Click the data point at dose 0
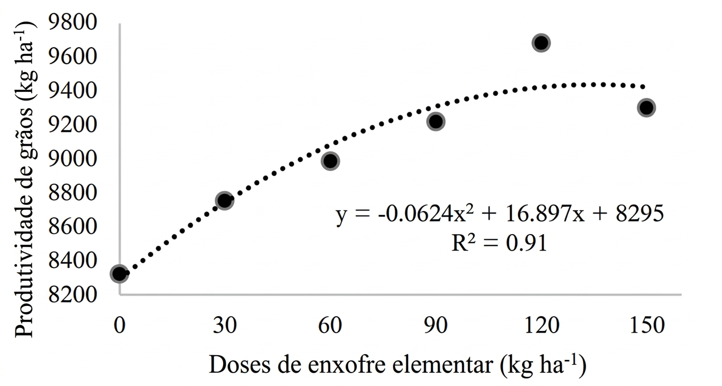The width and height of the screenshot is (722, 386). click(119, 274)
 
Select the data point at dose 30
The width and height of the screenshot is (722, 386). click(225, 201)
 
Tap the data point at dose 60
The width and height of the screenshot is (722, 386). click(331, 161)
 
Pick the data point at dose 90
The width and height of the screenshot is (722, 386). click(436, 122)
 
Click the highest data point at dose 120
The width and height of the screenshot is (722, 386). click(541, 43)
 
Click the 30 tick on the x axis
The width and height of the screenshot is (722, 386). click(225, 325)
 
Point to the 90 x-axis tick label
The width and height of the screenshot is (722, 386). click(436, 325)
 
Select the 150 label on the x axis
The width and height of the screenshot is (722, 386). click(646, 325)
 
